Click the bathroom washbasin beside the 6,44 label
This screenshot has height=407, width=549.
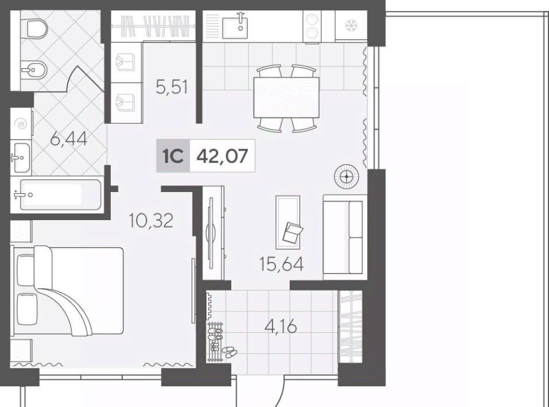21,158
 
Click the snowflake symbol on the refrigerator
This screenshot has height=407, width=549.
350,25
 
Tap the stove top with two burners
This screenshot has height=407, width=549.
312,26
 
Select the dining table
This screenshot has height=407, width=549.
286,97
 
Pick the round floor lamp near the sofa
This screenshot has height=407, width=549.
346,177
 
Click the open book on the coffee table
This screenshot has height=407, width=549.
293,232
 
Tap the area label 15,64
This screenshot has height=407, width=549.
281,264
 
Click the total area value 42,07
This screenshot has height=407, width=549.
222,156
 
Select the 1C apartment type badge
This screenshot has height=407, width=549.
173,156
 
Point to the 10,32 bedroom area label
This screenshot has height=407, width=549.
151,221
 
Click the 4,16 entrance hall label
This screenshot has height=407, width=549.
281,327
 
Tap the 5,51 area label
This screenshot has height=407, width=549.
172,87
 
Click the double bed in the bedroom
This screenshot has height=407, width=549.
68,291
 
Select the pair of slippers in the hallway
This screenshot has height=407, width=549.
229,352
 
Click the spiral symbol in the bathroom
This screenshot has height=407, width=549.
21,124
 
